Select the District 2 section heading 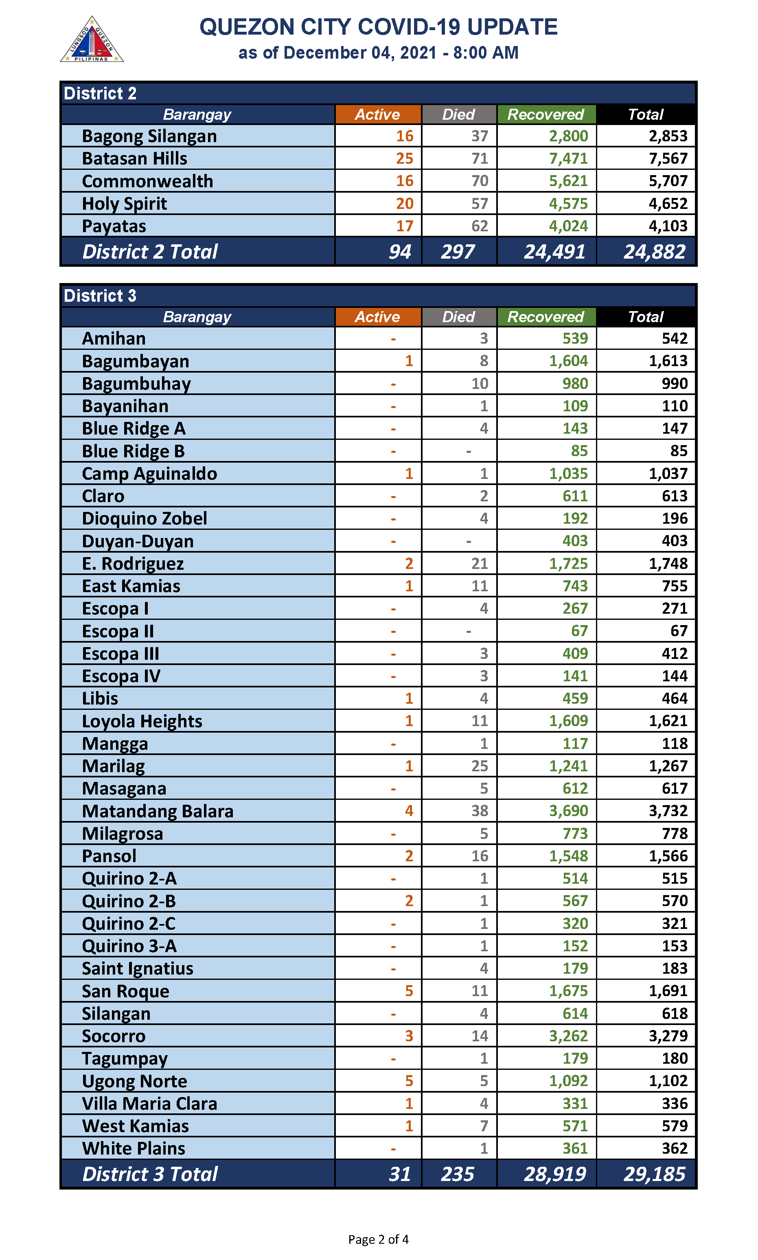100,94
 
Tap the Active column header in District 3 377,317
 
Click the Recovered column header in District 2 545,114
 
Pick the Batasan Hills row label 134,159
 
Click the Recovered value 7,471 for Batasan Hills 568,159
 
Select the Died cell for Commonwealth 479,181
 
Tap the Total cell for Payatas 668,226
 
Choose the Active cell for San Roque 409,991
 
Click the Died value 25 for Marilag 479,766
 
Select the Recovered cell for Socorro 568,1036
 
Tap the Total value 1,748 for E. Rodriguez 668,564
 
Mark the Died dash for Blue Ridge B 469,451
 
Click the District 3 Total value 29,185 654,1174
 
